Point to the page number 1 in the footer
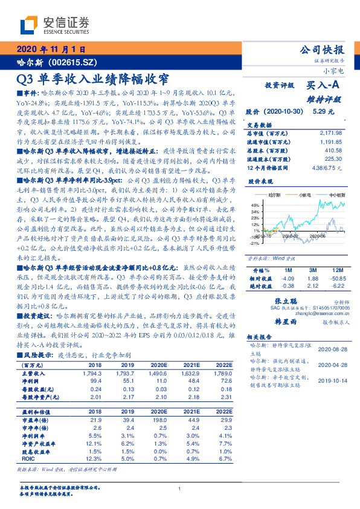tap(180, 489)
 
